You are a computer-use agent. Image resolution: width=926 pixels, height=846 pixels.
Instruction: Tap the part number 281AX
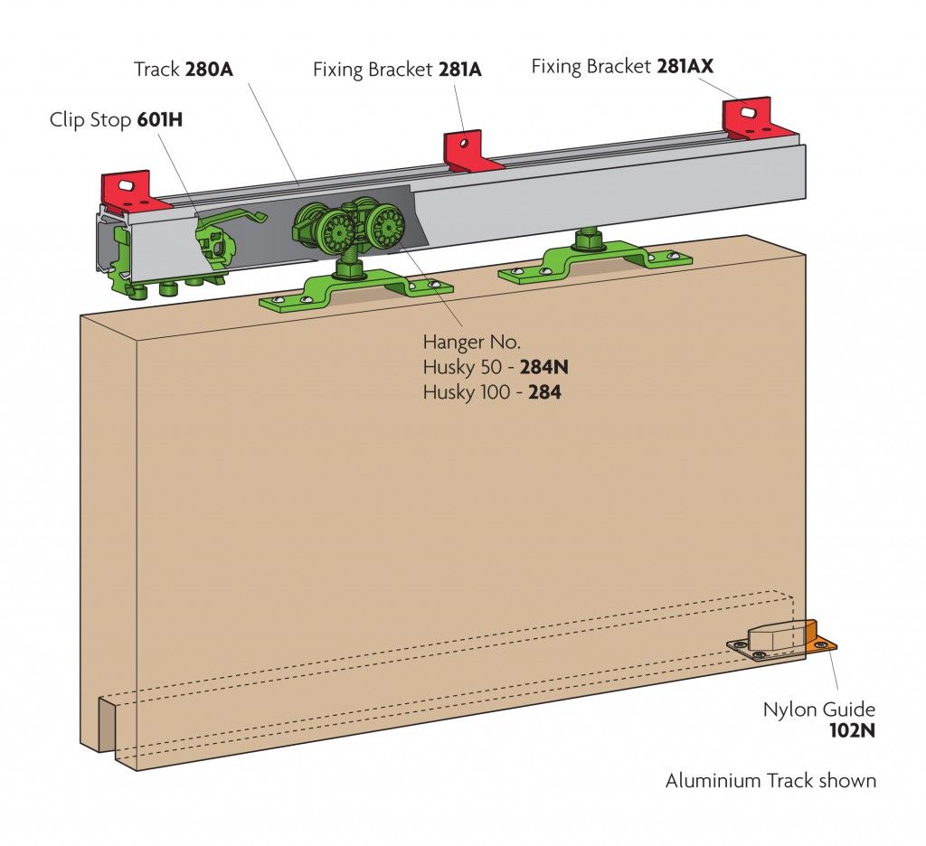pos(692,66)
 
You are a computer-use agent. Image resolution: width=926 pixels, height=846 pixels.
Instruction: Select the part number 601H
pos(160,119)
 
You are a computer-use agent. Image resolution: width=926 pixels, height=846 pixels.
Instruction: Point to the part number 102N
pos(852,731)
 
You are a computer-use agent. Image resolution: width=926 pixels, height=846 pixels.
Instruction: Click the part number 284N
pos(544,368)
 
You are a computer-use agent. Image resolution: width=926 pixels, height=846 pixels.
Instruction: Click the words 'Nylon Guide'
pos(819,710)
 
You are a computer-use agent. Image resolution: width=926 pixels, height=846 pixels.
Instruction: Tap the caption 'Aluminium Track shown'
pos(770,780)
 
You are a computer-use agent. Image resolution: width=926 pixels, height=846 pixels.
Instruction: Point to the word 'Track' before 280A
pos(157,70)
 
